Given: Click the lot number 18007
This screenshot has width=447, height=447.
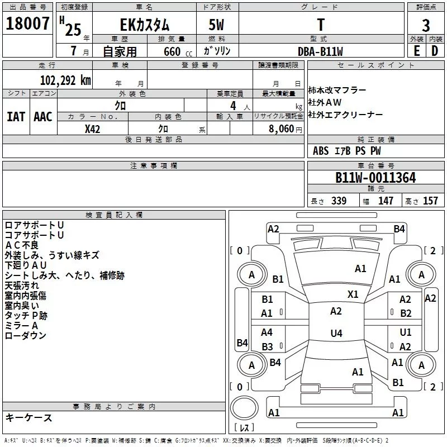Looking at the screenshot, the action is pyautogui.click(x=27, y=23).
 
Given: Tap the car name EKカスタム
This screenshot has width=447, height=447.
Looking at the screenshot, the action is pyautogui.click(x=145, y=25).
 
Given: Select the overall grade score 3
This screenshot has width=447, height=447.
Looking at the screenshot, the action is pyautogui.click(x=426, y=25).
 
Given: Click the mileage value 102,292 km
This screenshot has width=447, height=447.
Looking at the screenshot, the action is pyautogui.click(x=65, y=80).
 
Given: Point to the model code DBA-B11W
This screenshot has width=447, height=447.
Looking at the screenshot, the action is pyautogui.click(x=320, y=51).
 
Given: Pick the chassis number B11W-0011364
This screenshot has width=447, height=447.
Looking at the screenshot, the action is pyautogui.click(x=375, y=178).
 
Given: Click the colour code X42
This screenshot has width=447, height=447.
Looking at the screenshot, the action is pyautogui.click(x=92, y=129).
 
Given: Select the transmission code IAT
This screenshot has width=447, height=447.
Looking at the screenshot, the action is pyautogui.click(x=16, y=117).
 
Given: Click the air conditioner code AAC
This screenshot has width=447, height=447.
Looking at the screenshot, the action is pyautogui.click(x=43, y=117).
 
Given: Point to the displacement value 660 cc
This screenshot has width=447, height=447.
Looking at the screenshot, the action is pyautogui.click(x=178, y=52).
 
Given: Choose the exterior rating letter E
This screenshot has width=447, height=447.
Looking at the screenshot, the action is pyautogui.click(x=417, y=51).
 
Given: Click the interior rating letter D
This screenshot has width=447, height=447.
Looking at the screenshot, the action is pyautogui.click(x=435, y=51).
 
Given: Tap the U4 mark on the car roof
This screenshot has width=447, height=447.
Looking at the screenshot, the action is pyautogui.click(x=336, y=333).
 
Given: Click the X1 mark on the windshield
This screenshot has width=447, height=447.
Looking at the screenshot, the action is pyautogui.click(x=353, y=294).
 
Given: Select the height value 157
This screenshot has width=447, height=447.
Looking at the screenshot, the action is pyautogui.click(x=430, y=201).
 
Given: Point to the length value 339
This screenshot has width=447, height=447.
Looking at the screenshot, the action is pyautogui.click(x=339, y=201).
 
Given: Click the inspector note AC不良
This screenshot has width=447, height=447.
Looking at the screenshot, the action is pyautogui.click(x=22, y=245).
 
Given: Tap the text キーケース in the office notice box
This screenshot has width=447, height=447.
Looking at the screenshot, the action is pyautogui.click(x=29, y=418).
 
